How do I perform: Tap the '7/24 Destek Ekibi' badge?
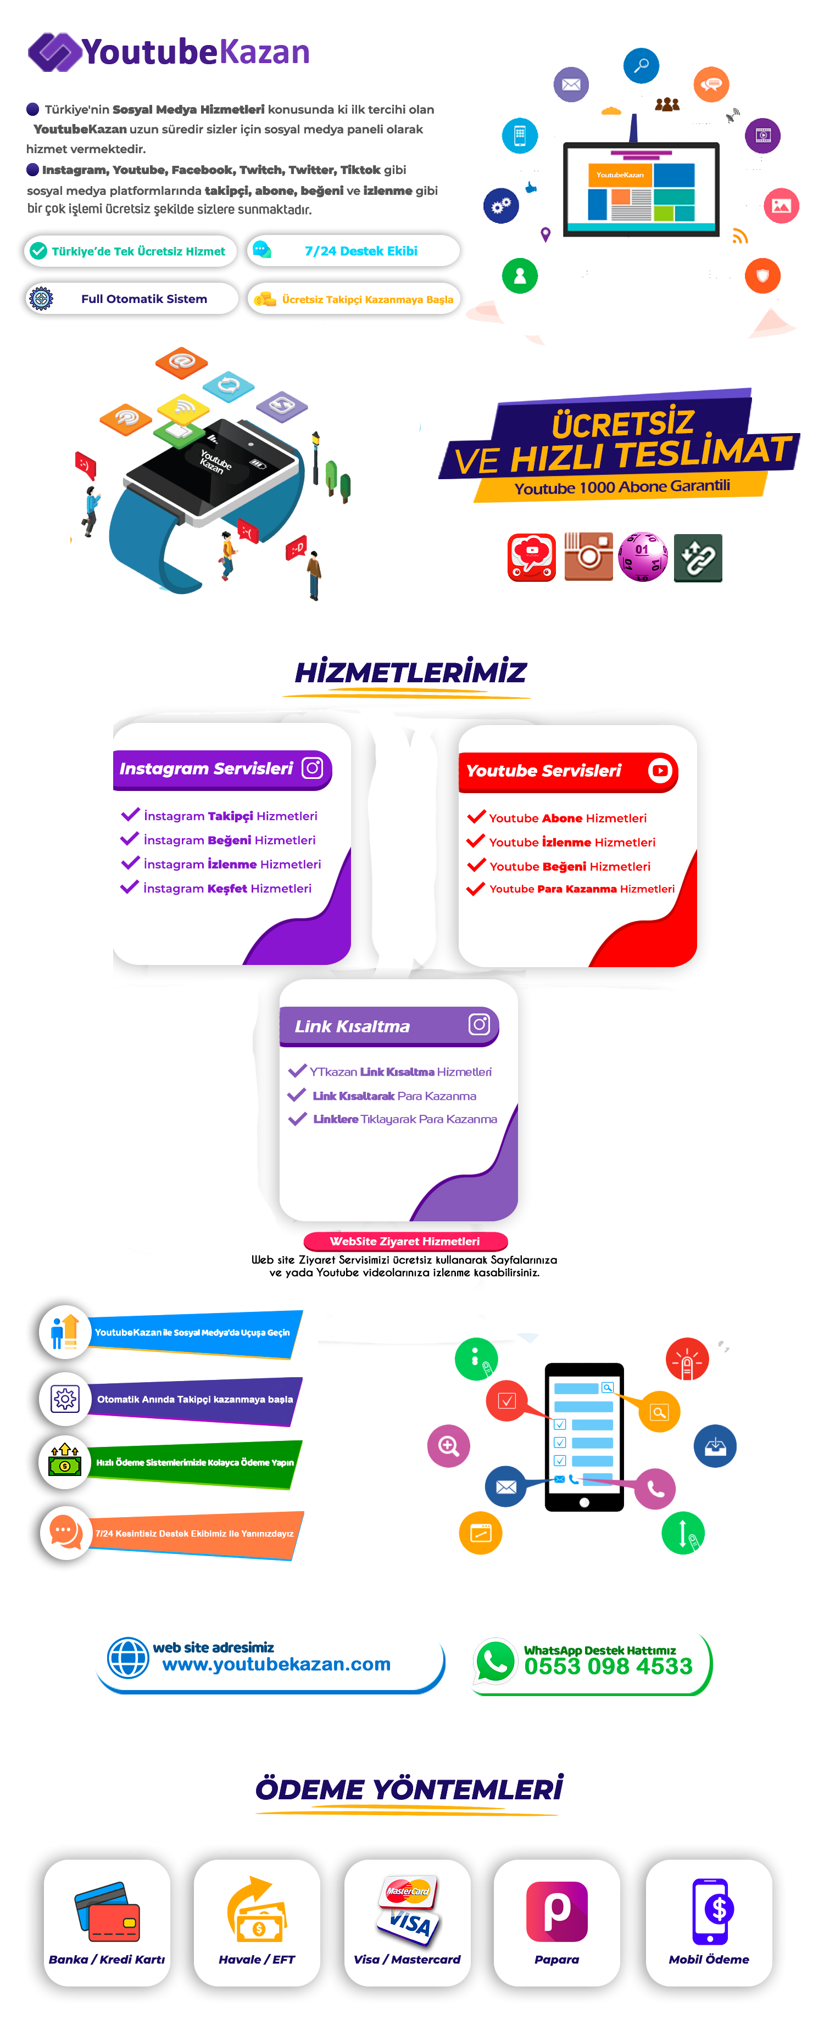tap(353, 251)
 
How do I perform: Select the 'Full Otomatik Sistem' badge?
tap(131, 299)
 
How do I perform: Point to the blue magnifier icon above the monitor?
tap(642, 65)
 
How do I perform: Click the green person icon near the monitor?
tap(520, 276)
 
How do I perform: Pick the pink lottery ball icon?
tap(643, 557)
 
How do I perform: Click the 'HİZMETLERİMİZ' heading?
tap(410, 672)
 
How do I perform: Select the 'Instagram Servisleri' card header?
tap(222, 769)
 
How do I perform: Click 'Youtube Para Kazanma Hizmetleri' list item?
tap(582, 889)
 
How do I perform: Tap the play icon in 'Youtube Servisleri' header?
tap(660, 771)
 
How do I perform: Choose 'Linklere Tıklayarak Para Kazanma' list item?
tap(404, 1119)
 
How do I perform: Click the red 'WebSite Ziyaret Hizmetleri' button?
tap(405, 1241)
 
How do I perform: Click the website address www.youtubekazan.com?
tap(276, 1664)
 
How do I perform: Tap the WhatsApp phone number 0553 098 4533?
tap(608, 1666)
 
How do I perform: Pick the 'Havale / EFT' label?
tap(257, 1959)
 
